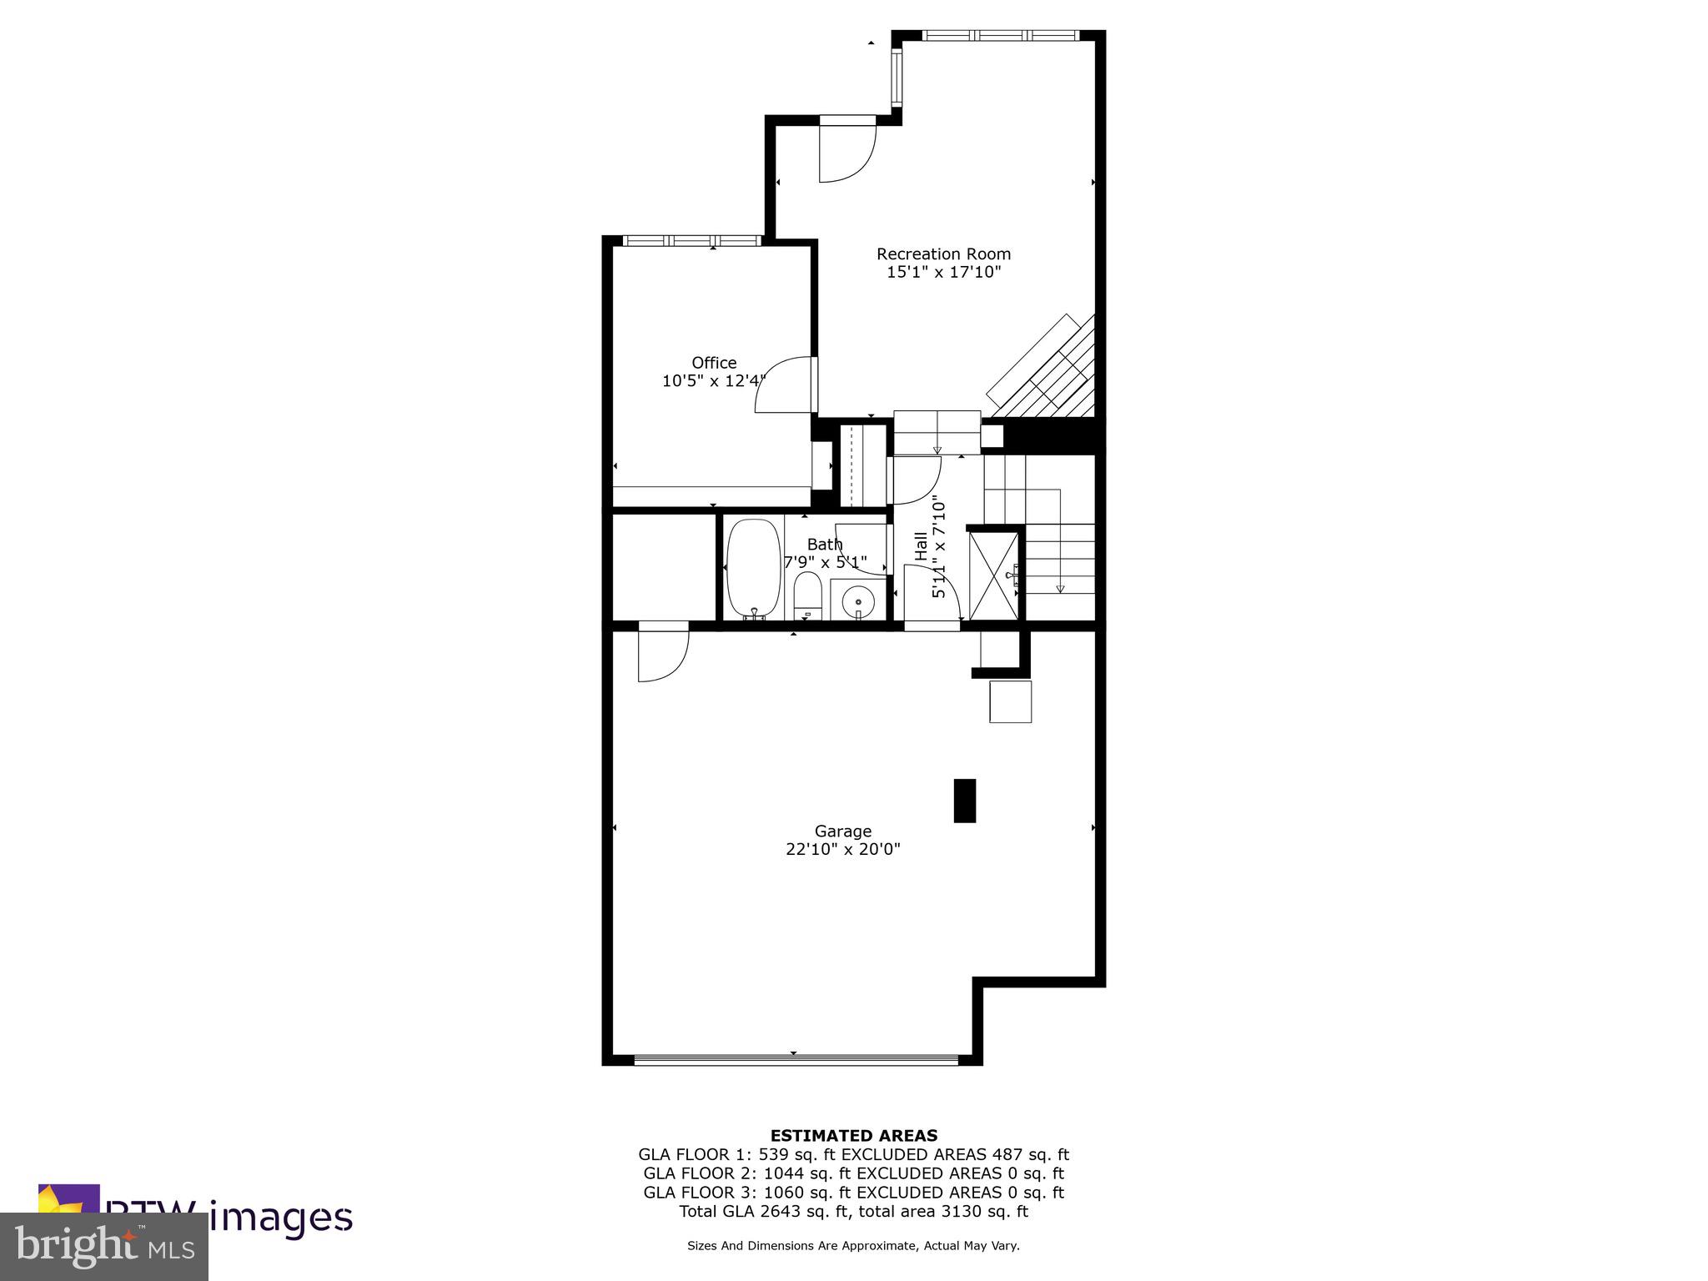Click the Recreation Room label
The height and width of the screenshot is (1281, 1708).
coord(943,254)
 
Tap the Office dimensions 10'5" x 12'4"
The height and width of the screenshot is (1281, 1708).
coord(713,381)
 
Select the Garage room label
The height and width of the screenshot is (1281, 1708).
coord(843,831)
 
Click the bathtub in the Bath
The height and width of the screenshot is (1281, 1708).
coord(754,568)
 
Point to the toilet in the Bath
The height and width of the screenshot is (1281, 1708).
coord(807,597)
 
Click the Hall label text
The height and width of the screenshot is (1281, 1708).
coord(922,546)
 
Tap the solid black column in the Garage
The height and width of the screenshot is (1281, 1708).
coord(964,801)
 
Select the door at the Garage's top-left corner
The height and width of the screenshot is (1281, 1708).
coord(663,652)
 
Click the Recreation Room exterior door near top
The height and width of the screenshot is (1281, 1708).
coord(846,150)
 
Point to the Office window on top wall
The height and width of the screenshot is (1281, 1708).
coord(692,241)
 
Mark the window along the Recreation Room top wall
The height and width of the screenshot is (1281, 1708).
coord(1001,36)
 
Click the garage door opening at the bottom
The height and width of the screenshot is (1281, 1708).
coord(796,1060)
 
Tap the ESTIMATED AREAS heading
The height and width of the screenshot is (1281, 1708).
coord(853,1135)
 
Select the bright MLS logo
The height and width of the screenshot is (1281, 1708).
coord(104,1246)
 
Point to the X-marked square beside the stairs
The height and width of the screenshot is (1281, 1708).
coord(994,575)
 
